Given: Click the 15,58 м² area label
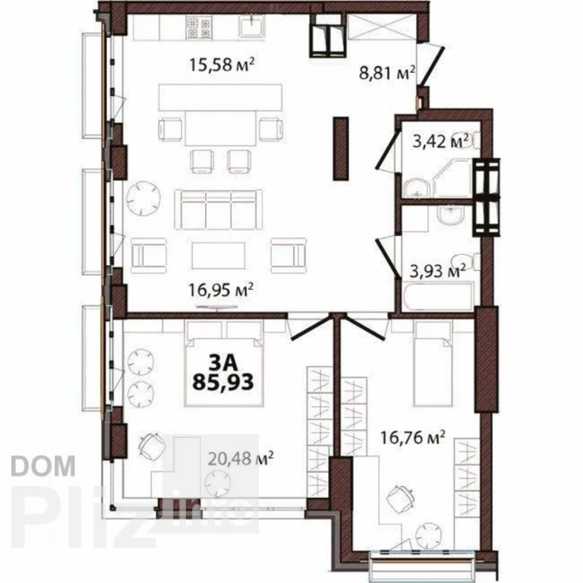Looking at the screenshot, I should (x=221, y=63).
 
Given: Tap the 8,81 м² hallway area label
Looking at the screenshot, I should (x=386, y=73).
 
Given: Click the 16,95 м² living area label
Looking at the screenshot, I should (x=221, y=288).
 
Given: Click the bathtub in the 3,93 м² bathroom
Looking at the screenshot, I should (x=436, y=297).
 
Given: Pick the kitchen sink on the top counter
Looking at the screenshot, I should (x=251, y=27).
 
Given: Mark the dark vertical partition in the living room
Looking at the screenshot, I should (x=342, y=149).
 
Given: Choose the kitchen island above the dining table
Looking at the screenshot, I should (x=220, y=97).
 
